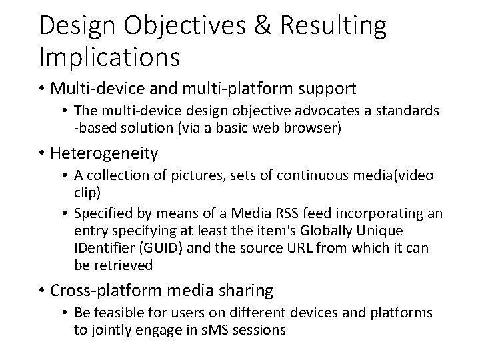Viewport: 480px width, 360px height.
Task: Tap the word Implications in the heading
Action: pos(109,57)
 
